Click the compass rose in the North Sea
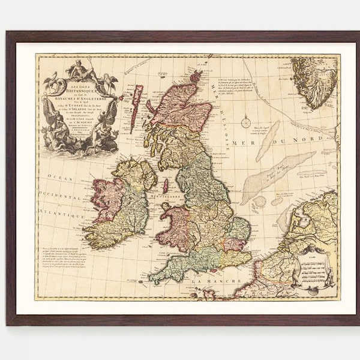click(245, 122)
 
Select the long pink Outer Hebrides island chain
click(137, 108)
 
